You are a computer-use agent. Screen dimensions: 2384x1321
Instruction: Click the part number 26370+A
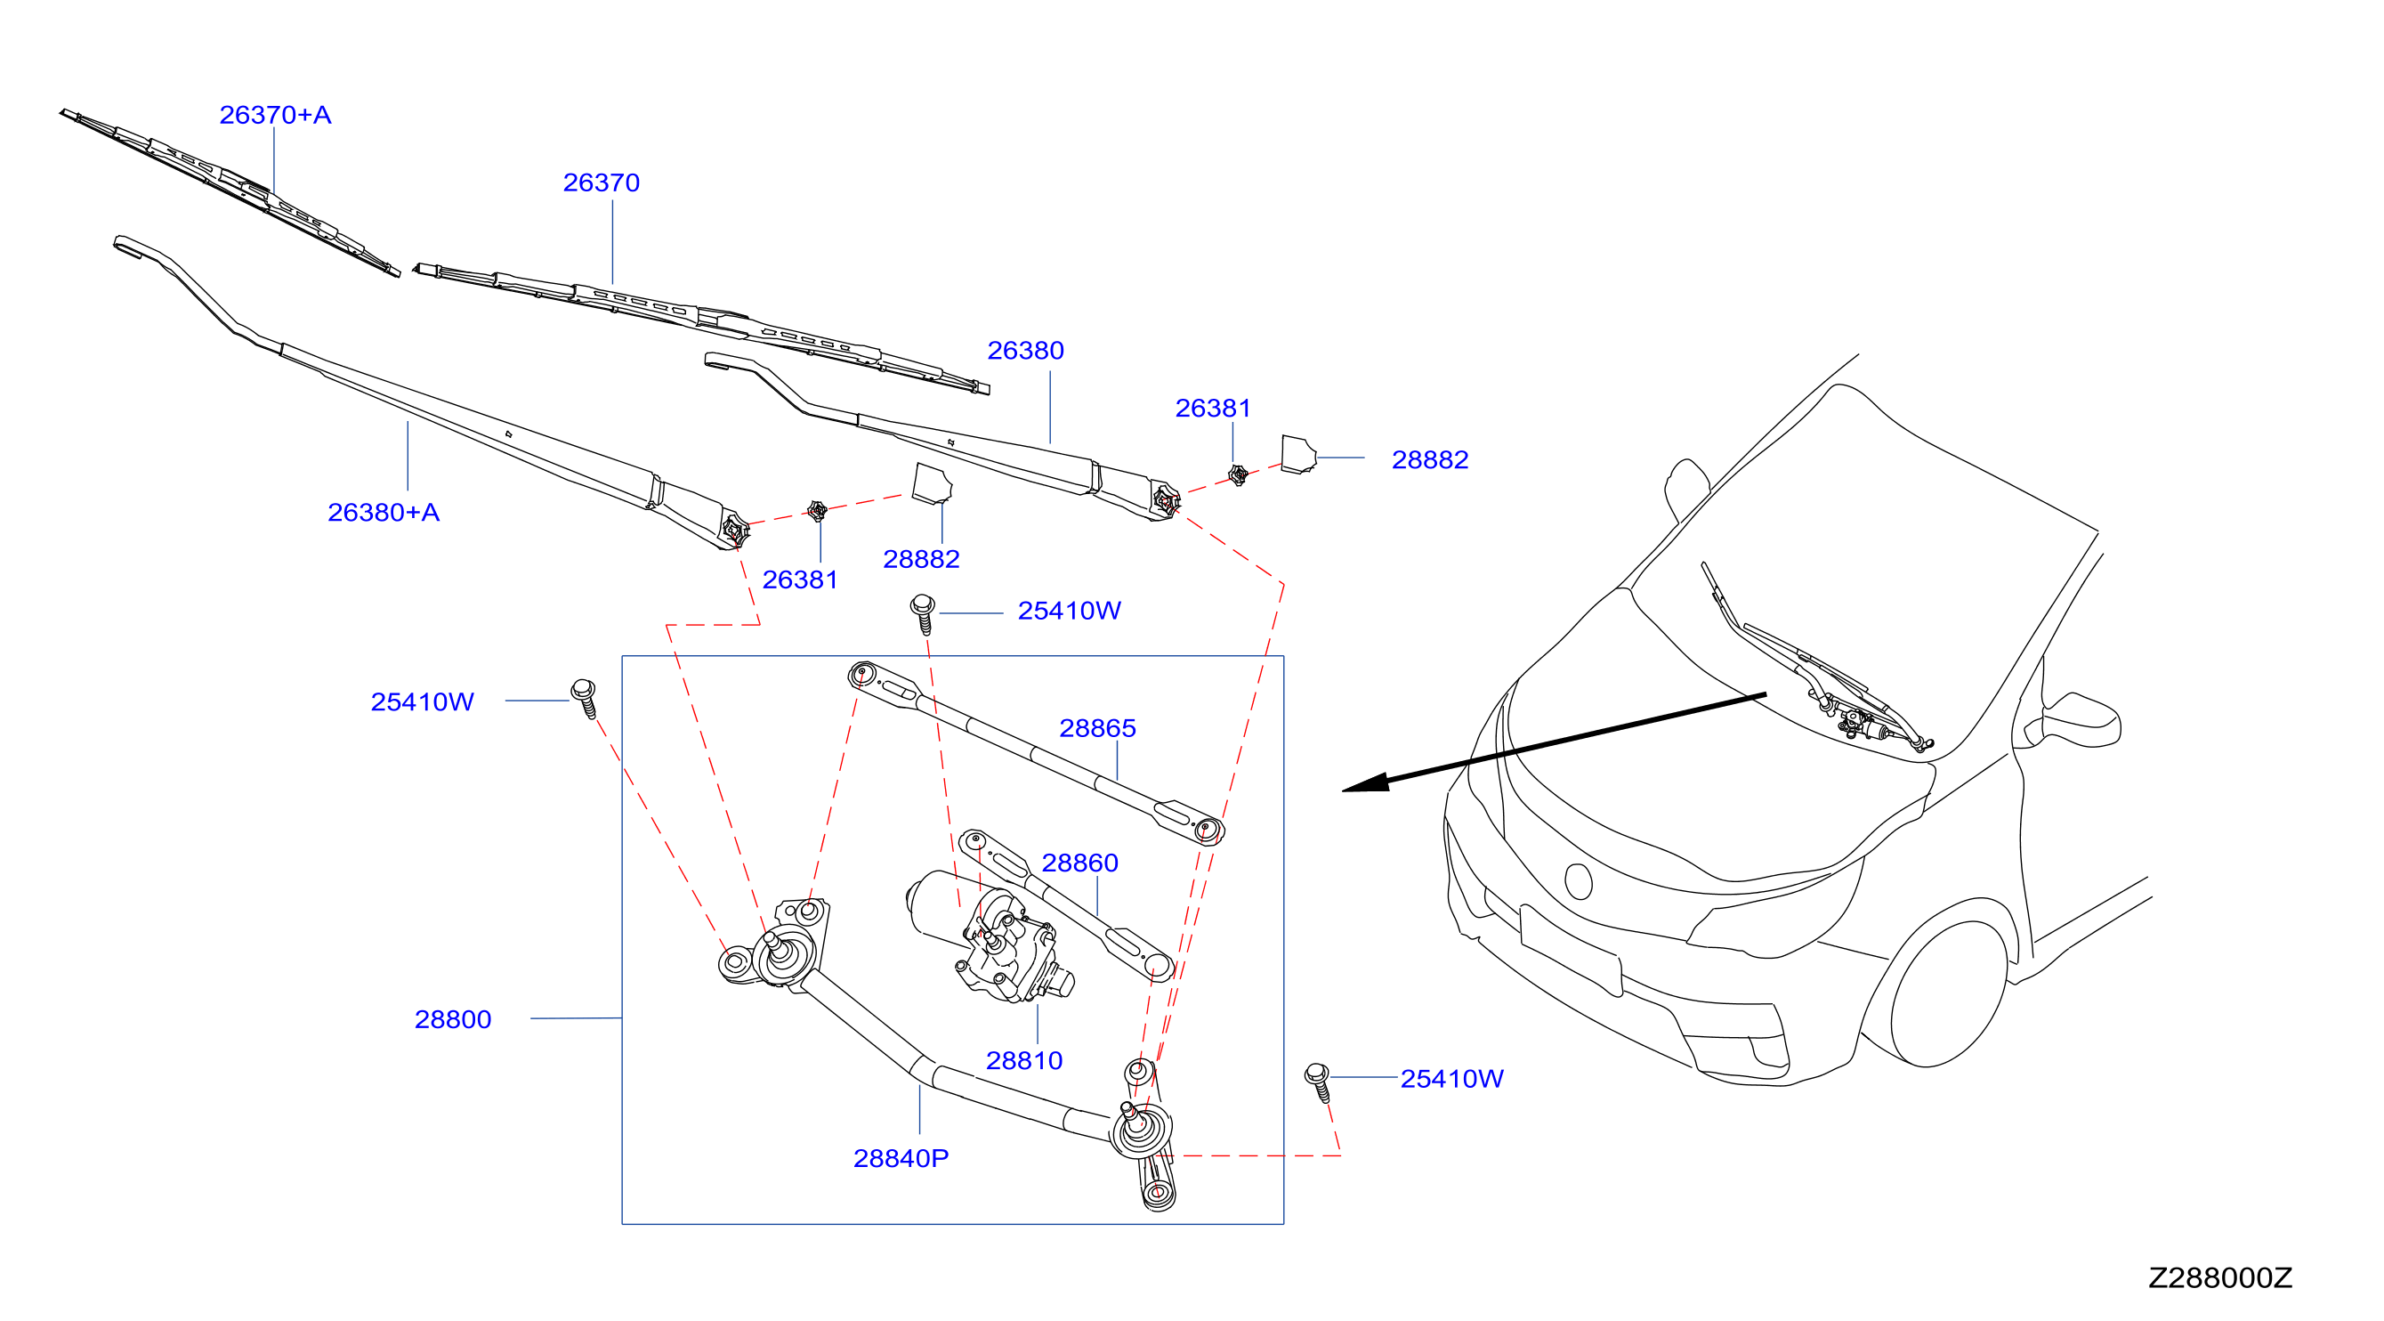pyautogui.click(x=275, y=115)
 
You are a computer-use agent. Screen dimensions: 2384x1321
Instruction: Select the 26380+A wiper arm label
pyautogui.click(x=384, y=512)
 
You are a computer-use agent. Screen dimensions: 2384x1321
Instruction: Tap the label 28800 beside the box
pyautogui.click(x=453, y=1019)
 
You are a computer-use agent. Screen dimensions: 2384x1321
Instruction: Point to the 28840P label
pyautogui.click(x=901, y=1158)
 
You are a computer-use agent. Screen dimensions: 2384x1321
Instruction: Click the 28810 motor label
pyautogui.click(x=1023, y=1060)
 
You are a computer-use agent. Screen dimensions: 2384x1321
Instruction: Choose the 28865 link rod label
pyautogui.click(x=1097, y=727)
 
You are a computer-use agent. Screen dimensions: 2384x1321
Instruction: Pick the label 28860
pyautogui.click(x=1080, y=863)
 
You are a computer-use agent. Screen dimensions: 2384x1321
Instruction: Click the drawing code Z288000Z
pyautogui.click(x=2219, y=1277)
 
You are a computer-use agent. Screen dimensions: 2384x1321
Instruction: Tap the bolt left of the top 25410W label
pyautogui.click(x=923, y=612)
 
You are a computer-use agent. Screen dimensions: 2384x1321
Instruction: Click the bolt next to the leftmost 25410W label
pyautogui.click(x=585, y=698)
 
